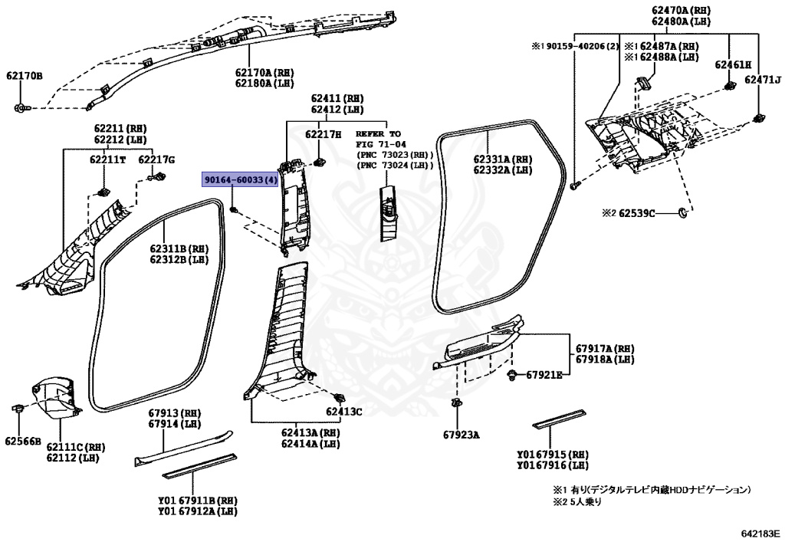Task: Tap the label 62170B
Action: (25, 76)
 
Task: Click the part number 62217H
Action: (324, 134)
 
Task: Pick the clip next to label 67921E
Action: (511, 374)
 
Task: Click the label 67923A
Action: (461, 435)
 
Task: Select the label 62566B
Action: (22, 441)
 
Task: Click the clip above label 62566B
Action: (17, 406)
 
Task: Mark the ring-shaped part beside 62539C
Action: (683, 211)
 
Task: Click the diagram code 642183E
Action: (759, 531)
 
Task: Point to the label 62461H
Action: (733, 64)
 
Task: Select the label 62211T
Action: (107, 160)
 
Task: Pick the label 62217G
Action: (156, 160)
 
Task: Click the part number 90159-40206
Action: (574, 47)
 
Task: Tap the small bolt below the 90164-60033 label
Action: (234, 208)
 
